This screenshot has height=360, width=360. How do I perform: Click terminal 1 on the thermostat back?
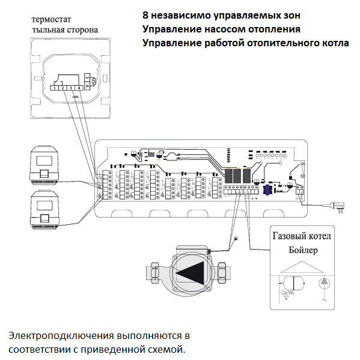point(55,88)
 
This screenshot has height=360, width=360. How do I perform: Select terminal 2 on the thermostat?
point(63,88)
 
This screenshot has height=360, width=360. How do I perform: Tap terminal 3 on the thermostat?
point(71,88)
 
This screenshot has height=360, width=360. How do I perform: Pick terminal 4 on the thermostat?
point(79,88)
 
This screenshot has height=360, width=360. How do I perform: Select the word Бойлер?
point(302,249)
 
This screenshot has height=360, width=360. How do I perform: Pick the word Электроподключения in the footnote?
point(60,335)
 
